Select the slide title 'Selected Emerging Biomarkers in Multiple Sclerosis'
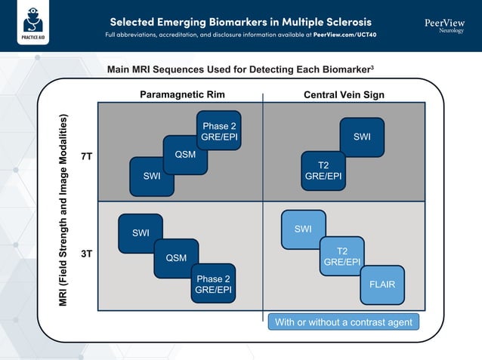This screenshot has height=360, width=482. point(240,20)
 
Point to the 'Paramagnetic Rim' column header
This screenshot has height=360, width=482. point(182,94)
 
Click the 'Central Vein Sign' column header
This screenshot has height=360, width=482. point(344,94)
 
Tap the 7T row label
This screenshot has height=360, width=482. point(87,157)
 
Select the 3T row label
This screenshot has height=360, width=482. point(87,254)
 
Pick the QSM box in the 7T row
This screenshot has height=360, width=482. point(185,155)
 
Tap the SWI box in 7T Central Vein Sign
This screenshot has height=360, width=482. point(362,137)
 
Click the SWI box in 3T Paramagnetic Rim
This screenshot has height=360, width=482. point(141,233)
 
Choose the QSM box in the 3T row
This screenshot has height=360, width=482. point(176,258)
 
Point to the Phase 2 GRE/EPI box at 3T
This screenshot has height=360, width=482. point(213,284)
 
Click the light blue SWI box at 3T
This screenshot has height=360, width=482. point(303,229)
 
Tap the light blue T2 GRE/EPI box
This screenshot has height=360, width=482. point(341,257)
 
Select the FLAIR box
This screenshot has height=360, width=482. point(382,285)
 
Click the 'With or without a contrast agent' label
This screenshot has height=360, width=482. point(343,322)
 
